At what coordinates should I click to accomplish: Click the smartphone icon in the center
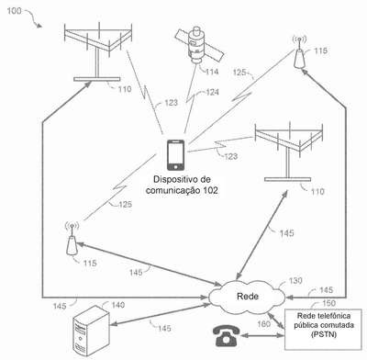point(175,155)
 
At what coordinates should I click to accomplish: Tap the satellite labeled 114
point(199,45)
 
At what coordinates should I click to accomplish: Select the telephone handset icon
point(226,335)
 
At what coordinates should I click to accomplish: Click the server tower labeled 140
point(91,331)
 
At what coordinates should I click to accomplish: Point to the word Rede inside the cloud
point(248,297)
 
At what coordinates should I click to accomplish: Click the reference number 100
point(15,11)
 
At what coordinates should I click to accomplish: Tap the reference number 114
point(212,72)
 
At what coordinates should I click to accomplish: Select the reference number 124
point(212,92)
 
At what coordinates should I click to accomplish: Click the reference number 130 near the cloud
point(295,280)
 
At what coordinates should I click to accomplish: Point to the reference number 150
point(328,303)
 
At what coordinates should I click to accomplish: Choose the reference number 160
point(263,324)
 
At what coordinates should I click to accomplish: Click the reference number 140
point(117,305)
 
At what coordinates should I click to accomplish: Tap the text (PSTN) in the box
point(324,334)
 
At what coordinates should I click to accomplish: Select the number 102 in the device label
point(211,190)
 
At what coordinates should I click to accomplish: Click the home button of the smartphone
point(175,167)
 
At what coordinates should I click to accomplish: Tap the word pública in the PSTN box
point(306,325)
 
